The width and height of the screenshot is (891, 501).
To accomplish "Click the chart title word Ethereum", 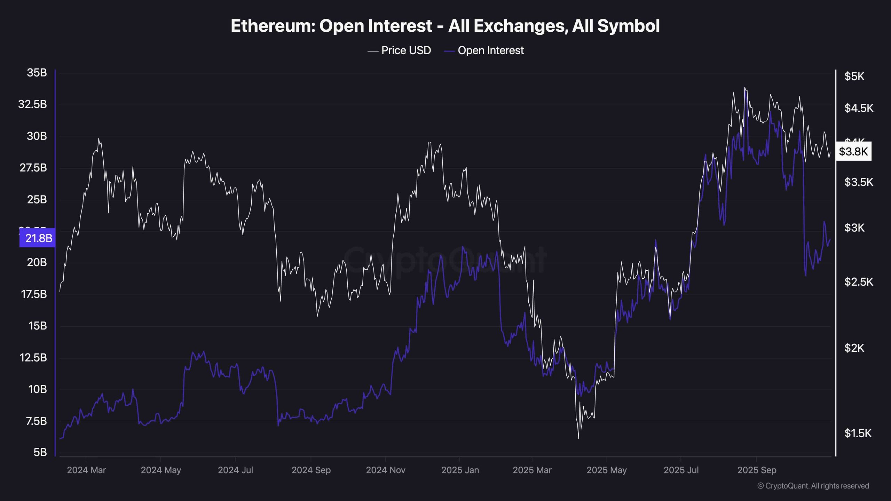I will pyautogui.click(x=273, y=26).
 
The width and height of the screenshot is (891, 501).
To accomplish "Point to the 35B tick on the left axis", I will pyautogui.click(x=37, y=73).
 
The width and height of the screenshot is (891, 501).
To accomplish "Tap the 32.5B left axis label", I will pyautogui.click(x=32, y=104).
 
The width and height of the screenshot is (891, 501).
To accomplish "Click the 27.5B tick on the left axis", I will pyautogui.click(x=33, y=168).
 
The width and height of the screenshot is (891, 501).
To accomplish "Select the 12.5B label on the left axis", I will pyautogui.click(x=33, y=358).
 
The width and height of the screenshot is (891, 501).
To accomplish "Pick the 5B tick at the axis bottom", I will pyautogui.click(x=40, y=452).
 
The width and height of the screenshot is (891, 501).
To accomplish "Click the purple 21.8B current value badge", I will pyautogui.click(x=38, y=238).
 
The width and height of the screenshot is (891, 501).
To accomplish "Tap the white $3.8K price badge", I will pyautogui.click(x=853, y=151).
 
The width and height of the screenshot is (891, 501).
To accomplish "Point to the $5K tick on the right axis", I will pyautogui.click(x=854, y=77).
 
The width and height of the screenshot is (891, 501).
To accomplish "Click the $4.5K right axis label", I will pyautogui.click(x=859, y=108).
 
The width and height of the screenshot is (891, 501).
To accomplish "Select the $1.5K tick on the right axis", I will pyautogui.click(x=858, y=433).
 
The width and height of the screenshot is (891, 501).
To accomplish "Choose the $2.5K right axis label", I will pyautogui.click(x=859, y=282).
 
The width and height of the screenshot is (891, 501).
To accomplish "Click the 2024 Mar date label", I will pyautogui.click(x=86, y=470).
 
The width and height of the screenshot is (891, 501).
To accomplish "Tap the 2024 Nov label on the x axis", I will pyautogui.click(x=386, y=470).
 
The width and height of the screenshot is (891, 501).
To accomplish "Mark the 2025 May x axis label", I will pyautogui.click(x=607, y=470).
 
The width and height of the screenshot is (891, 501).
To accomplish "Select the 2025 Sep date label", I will pyautogui.click(x=757, y=470).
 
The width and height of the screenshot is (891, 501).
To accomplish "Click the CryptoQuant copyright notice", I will pyautogui.click(x=813, y=486).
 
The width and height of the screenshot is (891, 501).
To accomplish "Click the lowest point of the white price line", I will pyautogui.click(x=578, y=438).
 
